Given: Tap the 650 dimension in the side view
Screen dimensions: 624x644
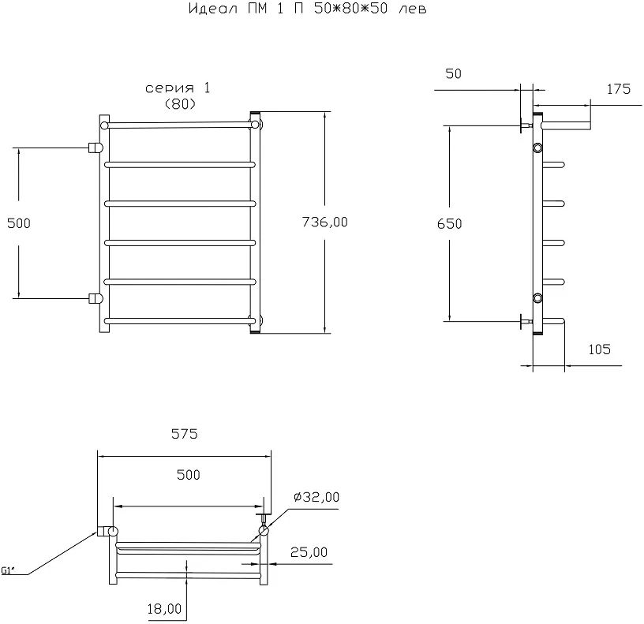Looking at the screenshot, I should coord(449,223).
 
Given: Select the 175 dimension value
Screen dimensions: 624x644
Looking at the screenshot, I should coord(618,89).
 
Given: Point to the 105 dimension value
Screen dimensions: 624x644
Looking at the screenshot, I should coord(599,349).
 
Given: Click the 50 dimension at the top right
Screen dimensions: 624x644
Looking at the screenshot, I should coord(453,74).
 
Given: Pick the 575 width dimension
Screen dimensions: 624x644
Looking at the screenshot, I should coord(183,434).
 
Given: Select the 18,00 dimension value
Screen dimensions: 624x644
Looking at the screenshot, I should coord(164,609).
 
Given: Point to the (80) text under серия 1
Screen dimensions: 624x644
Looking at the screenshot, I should coord(180,103).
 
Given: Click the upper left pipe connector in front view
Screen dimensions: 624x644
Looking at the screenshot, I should coord(95,147).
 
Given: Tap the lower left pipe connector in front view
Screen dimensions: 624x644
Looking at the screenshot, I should coord(95,298).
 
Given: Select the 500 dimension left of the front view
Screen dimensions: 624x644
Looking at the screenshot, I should coord(17,223).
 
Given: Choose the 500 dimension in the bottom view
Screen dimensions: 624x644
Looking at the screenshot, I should coord(188,475).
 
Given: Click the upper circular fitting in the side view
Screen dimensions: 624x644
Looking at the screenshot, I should coord(538,148).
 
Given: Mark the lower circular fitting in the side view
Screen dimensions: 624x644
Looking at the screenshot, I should coord(538,297).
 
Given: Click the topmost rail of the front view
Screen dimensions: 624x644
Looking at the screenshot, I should coord(180,125).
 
